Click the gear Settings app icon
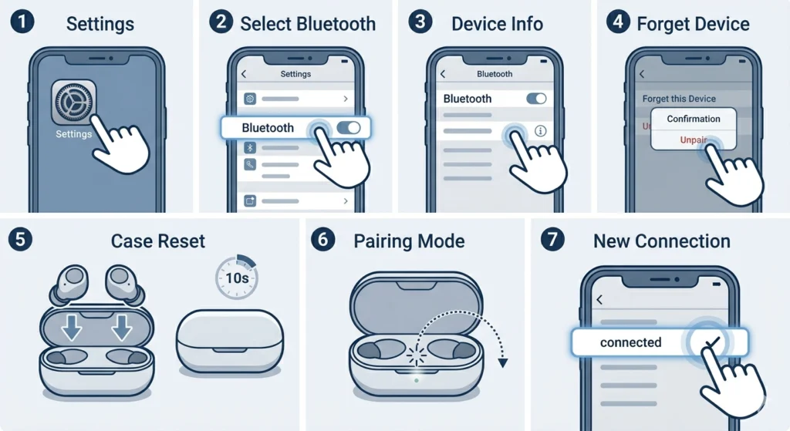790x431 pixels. point(73,103)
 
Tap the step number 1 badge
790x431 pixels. point(22,22)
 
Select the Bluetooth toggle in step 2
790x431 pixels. point(349,128)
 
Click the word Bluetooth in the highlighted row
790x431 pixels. point(268,128)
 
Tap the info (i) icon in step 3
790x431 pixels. point(541,131)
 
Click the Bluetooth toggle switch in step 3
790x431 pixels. point(536,99)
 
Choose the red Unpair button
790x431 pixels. point(694,140)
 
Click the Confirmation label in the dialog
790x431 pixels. point(694,119)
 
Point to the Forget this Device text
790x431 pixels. point(679,99)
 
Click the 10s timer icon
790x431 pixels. point(237,278)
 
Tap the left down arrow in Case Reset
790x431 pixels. point(72,327)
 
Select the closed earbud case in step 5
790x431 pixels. point(230,342)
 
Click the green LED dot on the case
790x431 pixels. point(416,381)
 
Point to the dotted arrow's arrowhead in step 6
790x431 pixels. point(503,362)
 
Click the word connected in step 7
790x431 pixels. point(630,342)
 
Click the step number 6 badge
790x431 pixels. point(323,239)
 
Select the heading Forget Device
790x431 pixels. point(693,24)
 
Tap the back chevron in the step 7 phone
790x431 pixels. point(599,300)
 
